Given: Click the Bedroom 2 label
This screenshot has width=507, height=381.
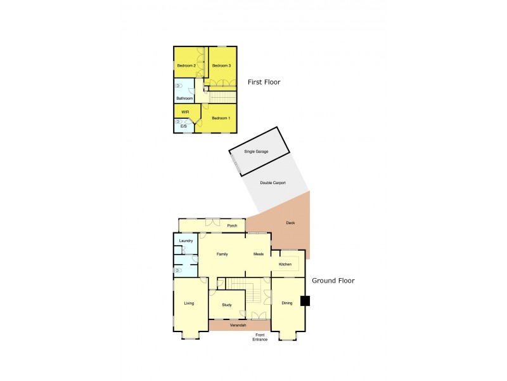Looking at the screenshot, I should pyautogui.click(x=185, y=66).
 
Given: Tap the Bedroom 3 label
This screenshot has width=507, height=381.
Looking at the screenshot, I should pyautogui.click(x=221, y=66).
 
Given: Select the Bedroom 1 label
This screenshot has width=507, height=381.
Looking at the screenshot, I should pyautogui.click(x=221, y=119).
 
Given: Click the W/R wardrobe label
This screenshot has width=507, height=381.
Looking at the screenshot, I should pyautogui.click(x=185, y=112).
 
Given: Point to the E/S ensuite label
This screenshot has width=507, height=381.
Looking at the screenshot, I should pyautogui.click(x=184, y=126).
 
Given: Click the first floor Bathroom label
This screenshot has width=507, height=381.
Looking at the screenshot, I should pyautogui.click(x=184, y=98).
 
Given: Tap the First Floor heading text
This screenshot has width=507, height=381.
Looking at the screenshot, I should pyautogui.click(x=264, y=82).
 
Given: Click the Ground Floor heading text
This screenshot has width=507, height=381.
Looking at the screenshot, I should pyautogui.click(x=333, y=280).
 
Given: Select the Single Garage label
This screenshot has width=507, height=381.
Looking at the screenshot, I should pyautogui.click(x=257, y=152).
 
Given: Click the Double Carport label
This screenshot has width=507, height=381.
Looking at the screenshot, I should pyautogui.click(x=273, y=183).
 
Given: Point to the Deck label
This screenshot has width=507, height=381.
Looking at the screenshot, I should pyautogui.click(x=290, y=223).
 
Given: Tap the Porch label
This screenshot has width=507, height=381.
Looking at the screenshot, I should pyautogui.click(x=232, y=225).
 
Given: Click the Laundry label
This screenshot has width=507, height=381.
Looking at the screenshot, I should pyautogui.click(x=186, y=241).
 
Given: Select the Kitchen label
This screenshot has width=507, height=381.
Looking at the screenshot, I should pyautogui.click(x=285, y=264).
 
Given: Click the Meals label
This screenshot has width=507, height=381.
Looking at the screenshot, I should pyautogui.click(x=258, y=254).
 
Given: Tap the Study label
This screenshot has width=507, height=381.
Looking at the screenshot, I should pyautogui.click(x=227, y=305).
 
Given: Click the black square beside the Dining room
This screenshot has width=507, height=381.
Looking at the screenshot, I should pyautogui.click(x=305, y=301).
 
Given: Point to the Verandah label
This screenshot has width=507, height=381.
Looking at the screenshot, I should pyautogui.click(x=238, y=325).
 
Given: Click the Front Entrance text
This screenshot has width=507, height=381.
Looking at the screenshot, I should pyautogui.click(x=260, y=337).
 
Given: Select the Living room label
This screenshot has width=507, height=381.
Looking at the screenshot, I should pyautogui.click(x=189, y=304).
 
